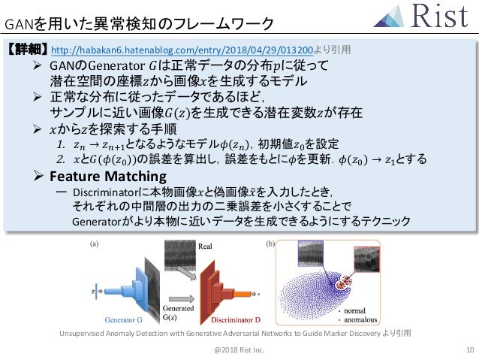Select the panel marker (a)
click(95, 244)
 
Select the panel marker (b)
click(272, 244)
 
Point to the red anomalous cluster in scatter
click(346, 285)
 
